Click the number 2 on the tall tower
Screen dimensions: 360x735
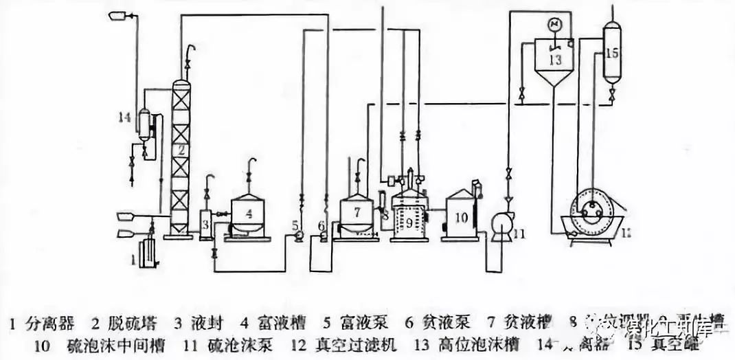[x=179, y=149]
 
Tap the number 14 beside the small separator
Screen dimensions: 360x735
[x=124, y=117]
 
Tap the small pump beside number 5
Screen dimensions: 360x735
[x=299, y=236]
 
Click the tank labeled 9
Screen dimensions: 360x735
[x=409, y=220]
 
